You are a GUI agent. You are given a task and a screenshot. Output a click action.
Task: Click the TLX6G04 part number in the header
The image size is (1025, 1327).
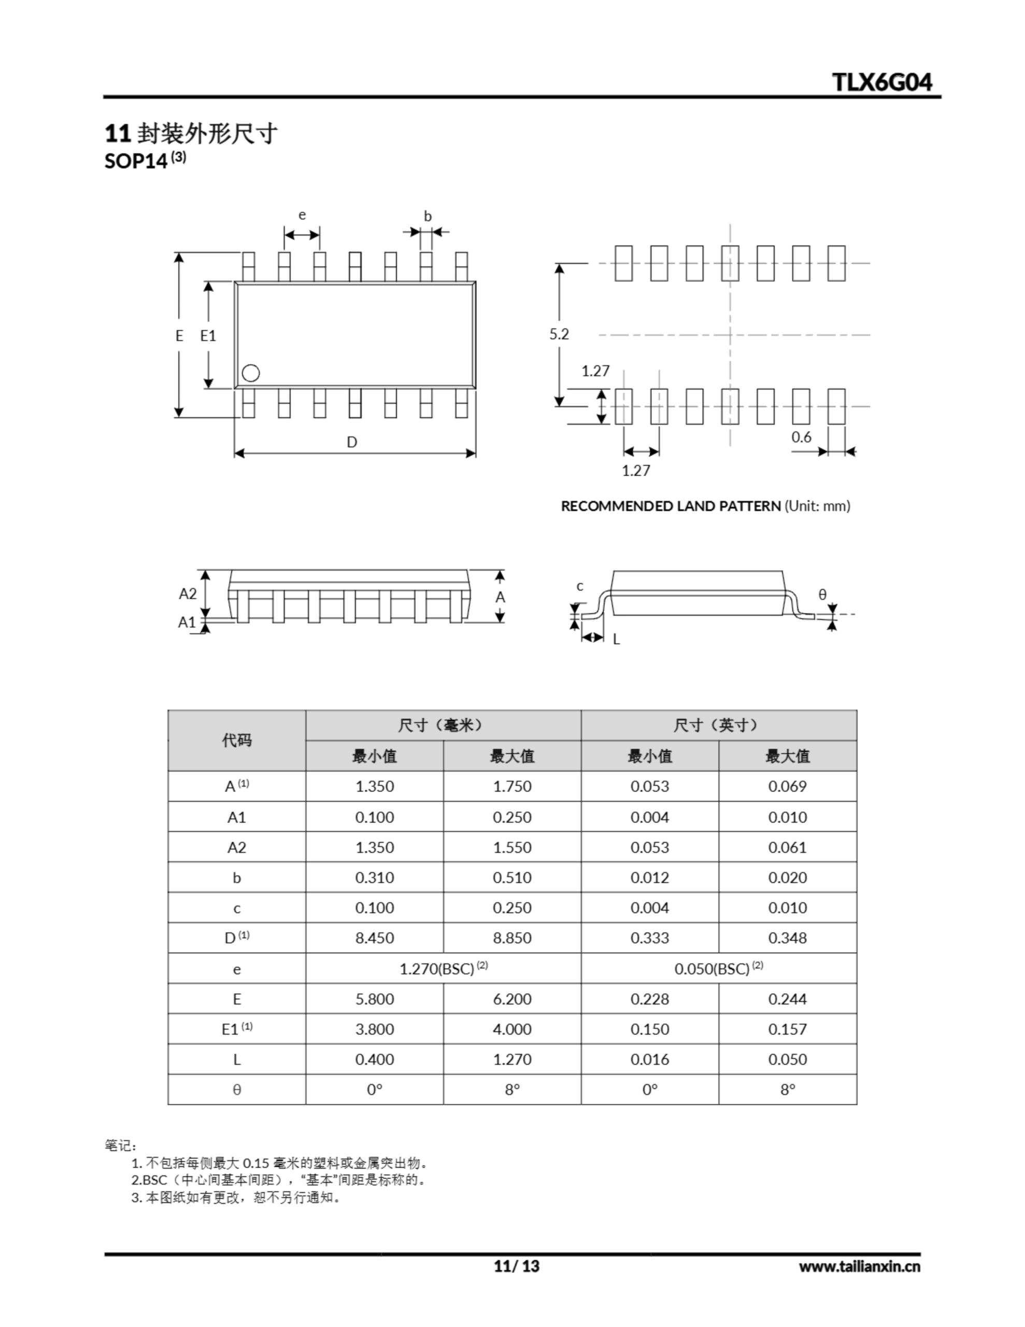coord(881,82)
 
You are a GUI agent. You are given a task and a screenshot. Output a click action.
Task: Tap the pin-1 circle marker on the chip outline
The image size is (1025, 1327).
coord(250,373)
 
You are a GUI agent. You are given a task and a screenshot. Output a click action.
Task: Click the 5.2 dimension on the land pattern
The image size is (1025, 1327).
coord(559,334)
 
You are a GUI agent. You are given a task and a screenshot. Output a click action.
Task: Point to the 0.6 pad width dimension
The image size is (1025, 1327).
coord(801,437)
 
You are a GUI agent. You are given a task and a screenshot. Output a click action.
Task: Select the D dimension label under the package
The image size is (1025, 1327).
coord(352,442)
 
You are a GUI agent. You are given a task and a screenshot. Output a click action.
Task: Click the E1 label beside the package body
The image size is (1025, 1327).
coord(208,335)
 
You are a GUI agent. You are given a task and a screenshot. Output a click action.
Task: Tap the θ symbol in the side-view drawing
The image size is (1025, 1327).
coord(822,594)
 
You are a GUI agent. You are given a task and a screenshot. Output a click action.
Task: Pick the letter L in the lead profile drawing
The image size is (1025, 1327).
coord(616,639)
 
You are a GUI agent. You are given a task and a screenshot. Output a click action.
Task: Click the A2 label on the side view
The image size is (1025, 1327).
coord(188,594)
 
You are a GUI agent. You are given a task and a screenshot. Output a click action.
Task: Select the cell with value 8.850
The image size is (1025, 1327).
coord(511,938)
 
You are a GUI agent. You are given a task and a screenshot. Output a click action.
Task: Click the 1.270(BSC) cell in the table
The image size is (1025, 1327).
coord(443,968)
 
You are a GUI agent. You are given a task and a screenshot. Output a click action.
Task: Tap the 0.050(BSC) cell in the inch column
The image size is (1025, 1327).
coord(718,968)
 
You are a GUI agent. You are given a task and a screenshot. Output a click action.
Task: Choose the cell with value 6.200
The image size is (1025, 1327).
coord(511,999)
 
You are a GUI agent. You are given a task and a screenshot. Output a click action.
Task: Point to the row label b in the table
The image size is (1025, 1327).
coord(236,878)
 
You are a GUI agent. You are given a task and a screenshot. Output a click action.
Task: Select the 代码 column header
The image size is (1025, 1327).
coord(236,740)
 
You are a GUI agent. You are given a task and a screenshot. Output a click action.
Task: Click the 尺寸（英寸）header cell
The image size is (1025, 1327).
coord(718,725)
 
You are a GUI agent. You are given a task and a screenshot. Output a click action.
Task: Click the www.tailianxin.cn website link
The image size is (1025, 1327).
coord(859,1266)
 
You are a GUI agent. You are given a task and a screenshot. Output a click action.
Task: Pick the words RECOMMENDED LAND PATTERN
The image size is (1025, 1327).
coord(671,506)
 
